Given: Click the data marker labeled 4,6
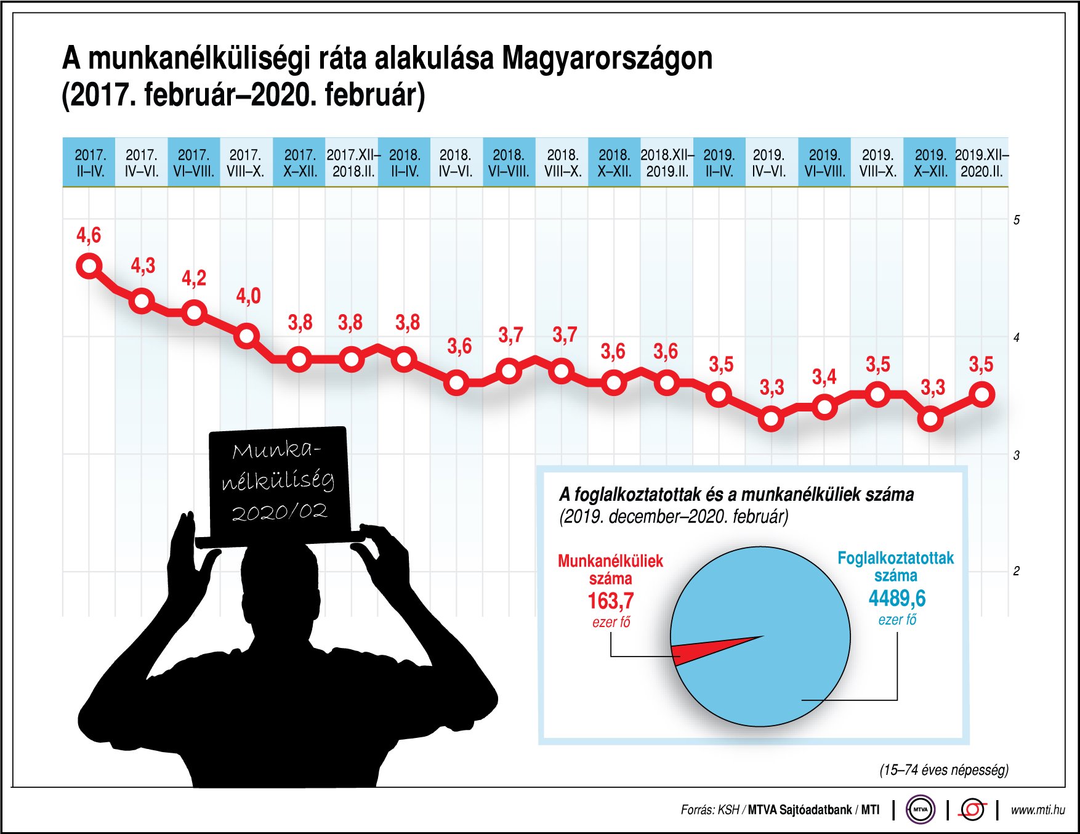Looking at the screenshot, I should tap(89, 266).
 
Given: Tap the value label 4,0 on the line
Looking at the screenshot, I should tap(248, 296).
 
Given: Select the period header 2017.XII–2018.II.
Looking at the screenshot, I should tap(353, 163).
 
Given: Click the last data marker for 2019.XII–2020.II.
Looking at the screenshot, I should tap(983, 394).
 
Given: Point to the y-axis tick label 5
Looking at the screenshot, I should tap(1017, 220).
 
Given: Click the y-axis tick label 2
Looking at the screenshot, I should tap(1017, 571).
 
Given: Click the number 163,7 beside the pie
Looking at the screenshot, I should tap(610, 601).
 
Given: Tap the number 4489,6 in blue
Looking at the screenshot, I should tap(897, 598).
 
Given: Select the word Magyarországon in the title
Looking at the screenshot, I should tap(607, 59).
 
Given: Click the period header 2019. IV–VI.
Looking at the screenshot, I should tap(769, 163).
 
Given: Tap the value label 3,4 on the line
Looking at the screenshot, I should tap(824, 376).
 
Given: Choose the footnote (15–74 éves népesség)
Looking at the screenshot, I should tap(943, 769).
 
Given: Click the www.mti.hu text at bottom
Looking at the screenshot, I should tap(1038, 810).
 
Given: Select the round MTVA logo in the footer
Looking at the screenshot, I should tap(921, 809).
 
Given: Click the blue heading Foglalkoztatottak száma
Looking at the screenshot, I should tap(895, 567).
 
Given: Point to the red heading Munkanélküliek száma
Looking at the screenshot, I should tap(610, 569).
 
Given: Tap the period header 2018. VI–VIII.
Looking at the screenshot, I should tap(509, 163).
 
